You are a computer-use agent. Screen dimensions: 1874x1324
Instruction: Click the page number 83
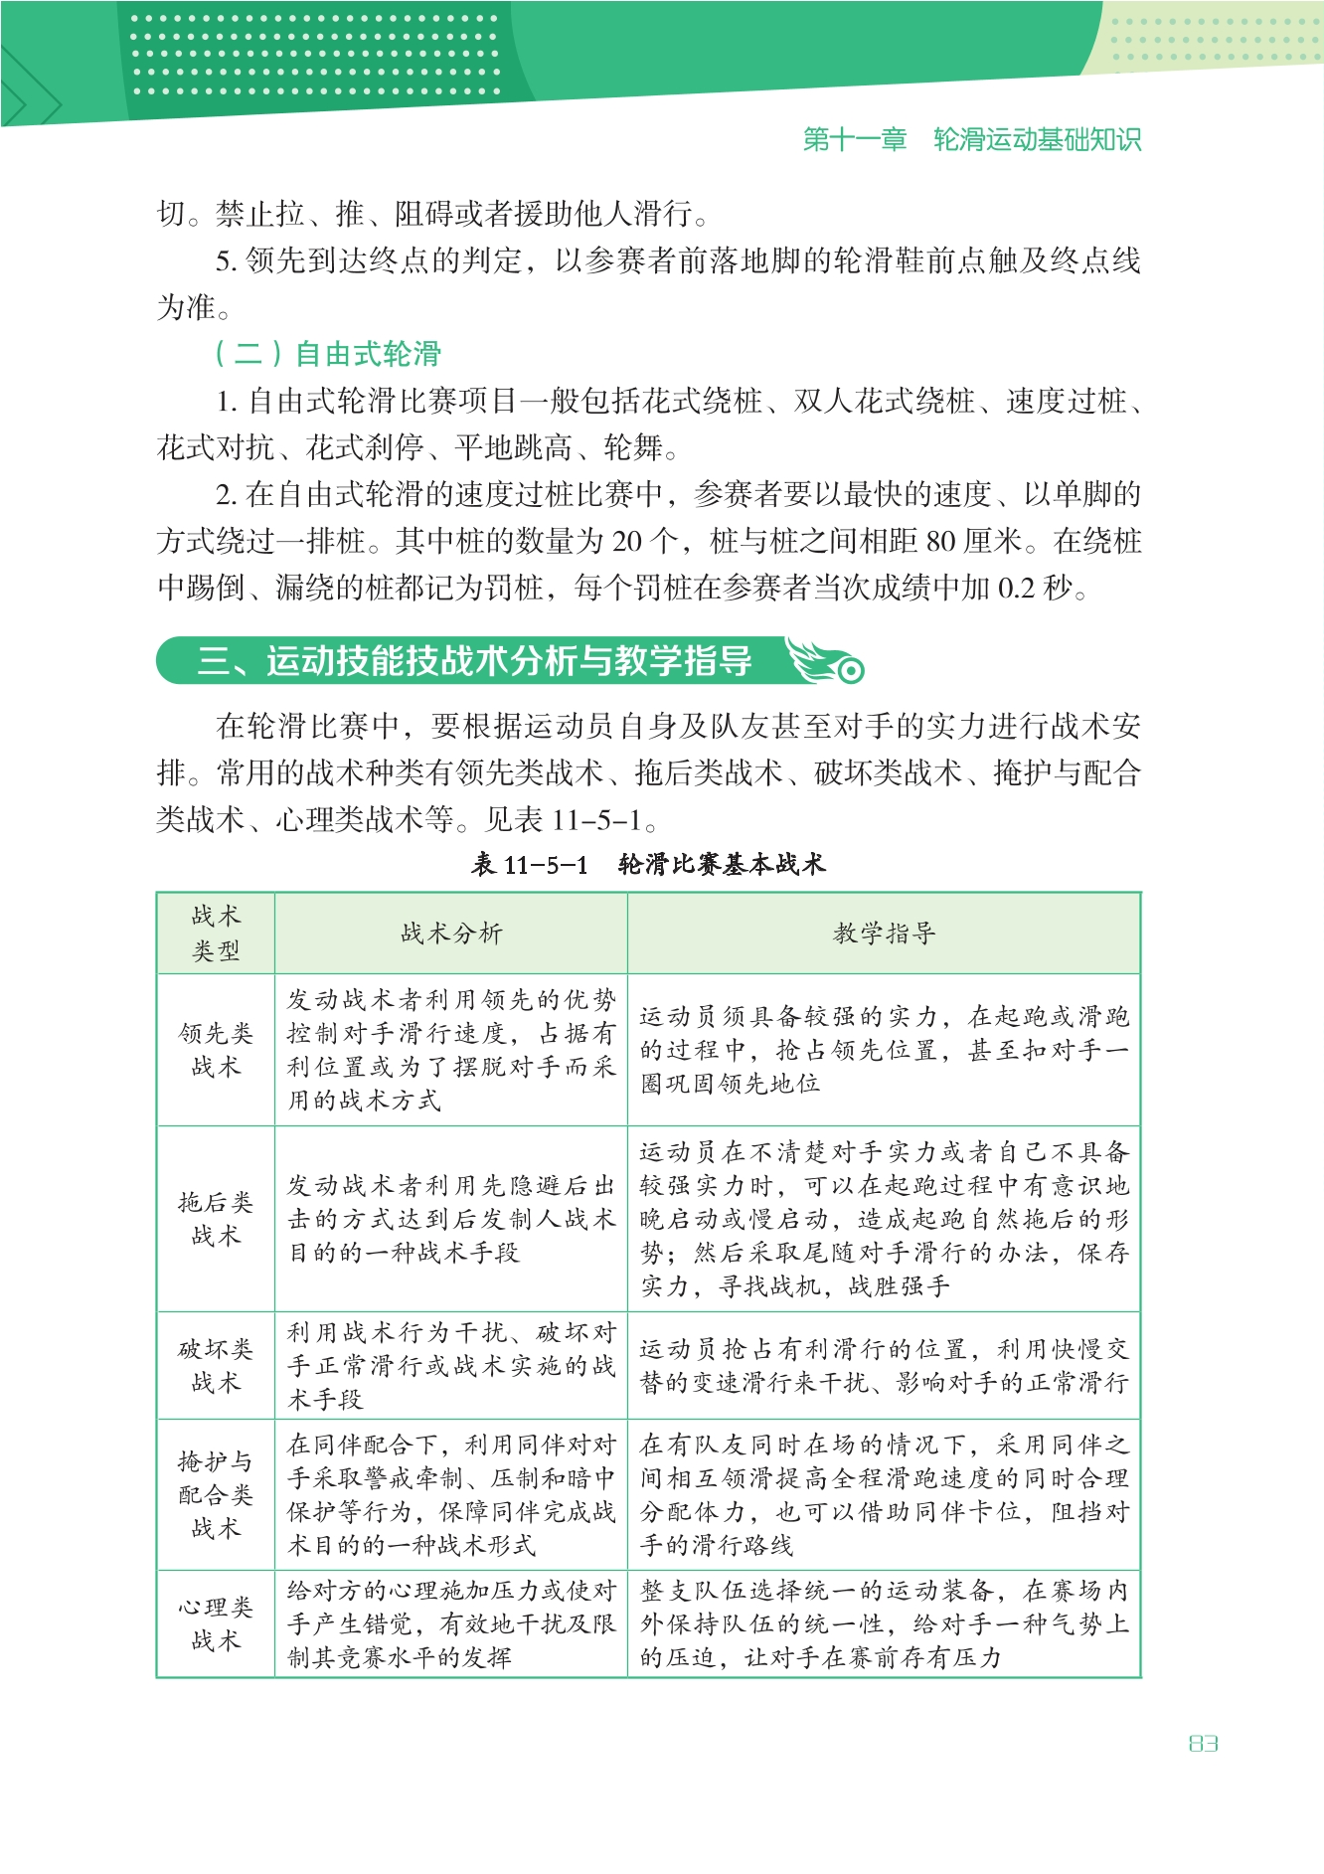pyautogui.click(x=1203, y=1744)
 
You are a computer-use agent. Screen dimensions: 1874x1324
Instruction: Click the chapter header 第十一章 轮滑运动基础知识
pyautogui.click(x=971, y=139)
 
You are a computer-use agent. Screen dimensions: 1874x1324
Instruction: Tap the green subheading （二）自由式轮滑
pyautogui.click(x=327, y=353)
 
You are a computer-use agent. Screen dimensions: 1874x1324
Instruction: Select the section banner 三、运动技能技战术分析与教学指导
pyautogui.click(x=474, y=661)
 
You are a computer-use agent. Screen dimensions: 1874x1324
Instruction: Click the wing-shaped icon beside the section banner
pyautogui.click(x=825, y=660)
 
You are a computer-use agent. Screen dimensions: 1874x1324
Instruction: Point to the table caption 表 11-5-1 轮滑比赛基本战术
pyautogui.click(x=648, y=864)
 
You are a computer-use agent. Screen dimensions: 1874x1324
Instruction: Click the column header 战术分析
pyautogui.click(x=451, y=934)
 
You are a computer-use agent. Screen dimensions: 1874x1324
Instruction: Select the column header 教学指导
pyautogui.click(x=884, y=934)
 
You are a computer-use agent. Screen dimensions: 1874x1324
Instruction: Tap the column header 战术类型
pyautogui.click(x=216, y=934)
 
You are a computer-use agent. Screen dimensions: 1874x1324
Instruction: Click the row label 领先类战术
pyautogui.click(x=216, y=1050)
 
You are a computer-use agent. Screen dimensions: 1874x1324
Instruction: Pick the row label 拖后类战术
pyautogui.click(x=216, y=1219)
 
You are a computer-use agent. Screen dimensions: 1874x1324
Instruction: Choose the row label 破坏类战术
pyautogui.click(x=216, y=1366)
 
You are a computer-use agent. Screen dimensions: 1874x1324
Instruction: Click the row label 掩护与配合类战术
pyautogui.click(x=216, y=1494)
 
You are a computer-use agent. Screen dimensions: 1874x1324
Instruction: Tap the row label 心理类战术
pyautogui.click(x=216, y=1623)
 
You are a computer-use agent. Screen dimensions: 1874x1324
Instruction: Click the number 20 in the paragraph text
pyautogui.click(x=627, y=542)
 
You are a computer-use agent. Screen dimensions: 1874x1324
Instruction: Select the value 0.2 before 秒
pyautogui.click(x=1016, y=589)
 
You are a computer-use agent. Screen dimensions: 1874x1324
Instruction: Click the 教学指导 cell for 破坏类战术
pyautogui.click(x=884, y=1366)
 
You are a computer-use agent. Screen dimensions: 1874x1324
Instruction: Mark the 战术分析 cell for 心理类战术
pyautogui.click(x=451, y=1623)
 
